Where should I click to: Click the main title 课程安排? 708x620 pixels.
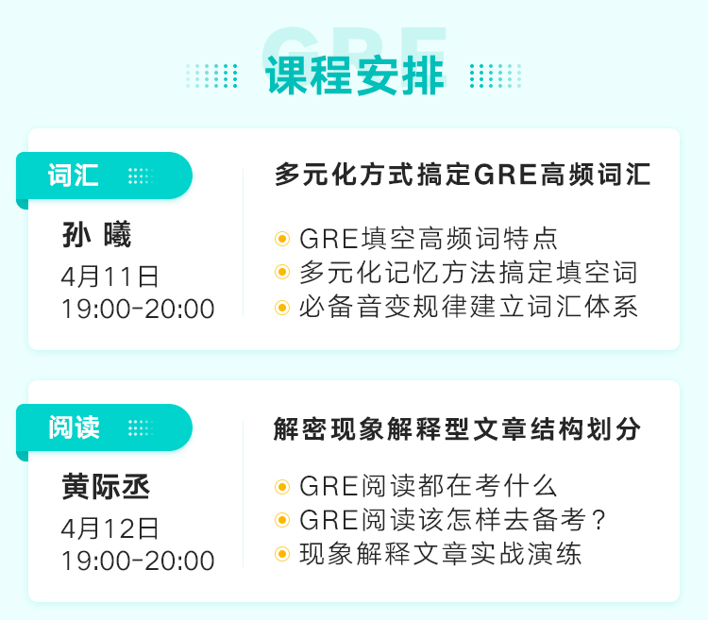(355, 75)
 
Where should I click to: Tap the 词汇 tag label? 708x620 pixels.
(73, 176)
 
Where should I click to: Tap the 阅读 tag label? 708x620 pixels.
(74, 427)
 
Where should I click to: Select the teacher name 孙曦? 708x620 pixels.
(96, 234)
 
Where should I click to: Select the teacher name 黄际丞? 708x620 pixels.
(106, 486)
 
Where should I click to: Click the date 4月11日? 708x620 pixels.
(110, 276)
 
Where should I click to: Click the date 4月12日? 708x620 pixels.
(110, 528)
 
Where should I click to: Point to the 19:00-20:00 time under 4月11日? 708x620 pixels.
(138, 310)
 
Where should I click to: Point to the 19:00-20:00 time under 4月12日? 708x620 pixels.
(138, 561)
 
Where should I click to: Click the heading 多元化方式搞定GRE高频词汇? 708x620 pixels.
(463, 175)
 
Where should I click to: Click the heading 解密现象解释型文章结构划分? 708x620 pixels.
(457, 428)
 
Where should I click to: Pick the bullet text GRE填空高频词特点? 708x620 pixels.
(429, 238)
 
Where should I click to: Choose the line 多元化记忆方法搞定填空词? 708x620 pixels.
(468, 273)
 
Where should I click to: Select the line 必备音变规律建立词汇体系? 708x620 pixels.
(468, 307)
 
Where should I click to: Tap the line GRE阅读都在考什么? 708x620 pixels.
(428, 486)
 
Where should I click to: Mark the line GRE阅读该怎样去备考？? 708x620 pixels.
(452, 520)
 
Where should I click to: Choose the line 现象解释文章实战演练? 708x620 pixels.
(440, 554)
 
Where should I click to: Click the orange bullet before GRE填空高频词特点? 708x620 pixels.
(282, 238)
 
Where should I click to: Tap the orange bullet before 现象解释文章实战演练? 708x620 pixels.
(282, 554)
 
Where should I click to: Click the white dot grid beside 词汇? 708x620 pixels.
(141, 176)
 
